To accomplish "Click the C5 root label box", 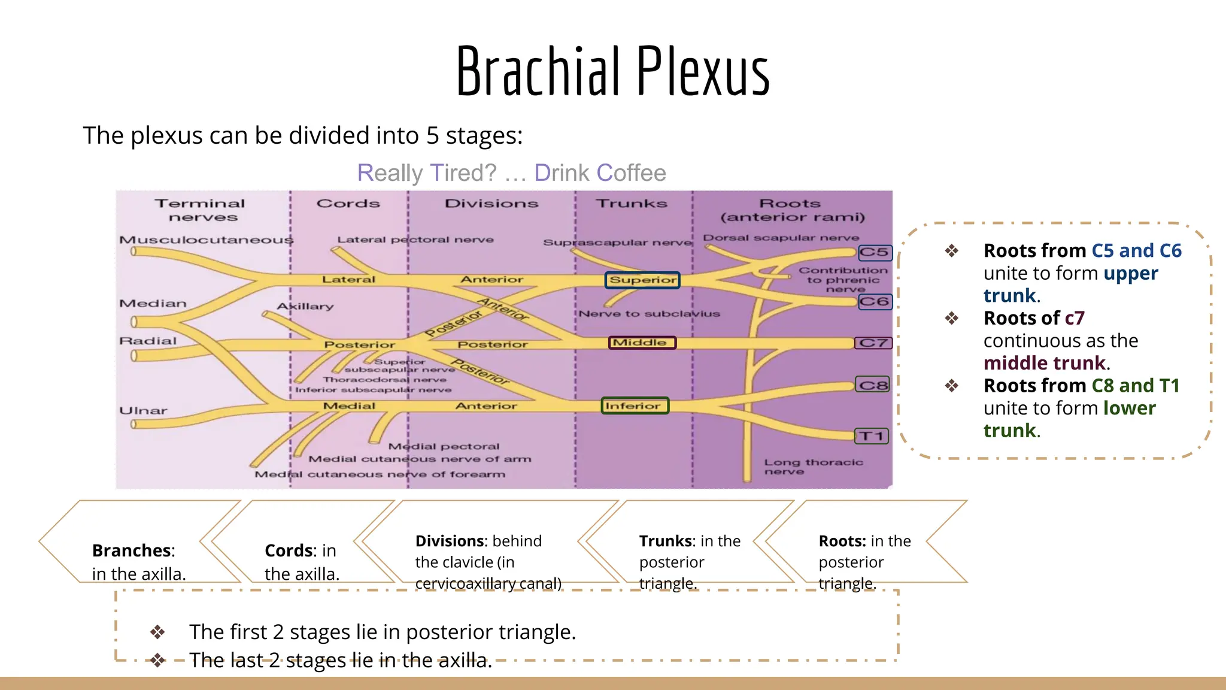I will click(875, 253).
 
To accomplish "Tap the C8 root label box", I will click(873, 385).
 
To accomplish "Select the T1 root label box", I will click(871, 436).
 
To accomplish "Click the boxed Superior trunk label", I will click(642, 280).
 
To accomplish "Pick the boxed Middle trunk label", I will click(642, 343).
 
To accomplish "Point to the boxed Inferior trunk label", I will click(635, 406).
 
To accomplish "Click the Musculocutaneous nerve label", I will click(206, 240).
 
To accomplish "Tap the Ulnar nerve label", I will click(143, 411).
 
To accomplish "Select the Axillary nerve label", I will click(305, 307).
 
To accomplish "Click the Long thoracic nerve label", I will click(812, 467).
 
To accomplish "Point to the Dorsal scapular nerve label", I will click(780, 238).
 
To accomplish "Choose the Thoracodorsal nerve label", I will click(384, 380).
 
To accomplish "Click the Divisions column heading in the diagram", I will click(491, 204).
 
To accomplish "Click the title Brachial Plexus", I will click(612, 72).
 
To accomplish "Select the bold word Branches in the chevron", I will click(132, 550).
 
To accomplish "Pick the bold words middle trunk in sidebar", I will click(1044, 363).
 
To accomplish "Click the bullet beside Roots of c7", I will click(951, 318).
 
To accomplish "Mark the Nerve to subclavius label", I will click(649, 314).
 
